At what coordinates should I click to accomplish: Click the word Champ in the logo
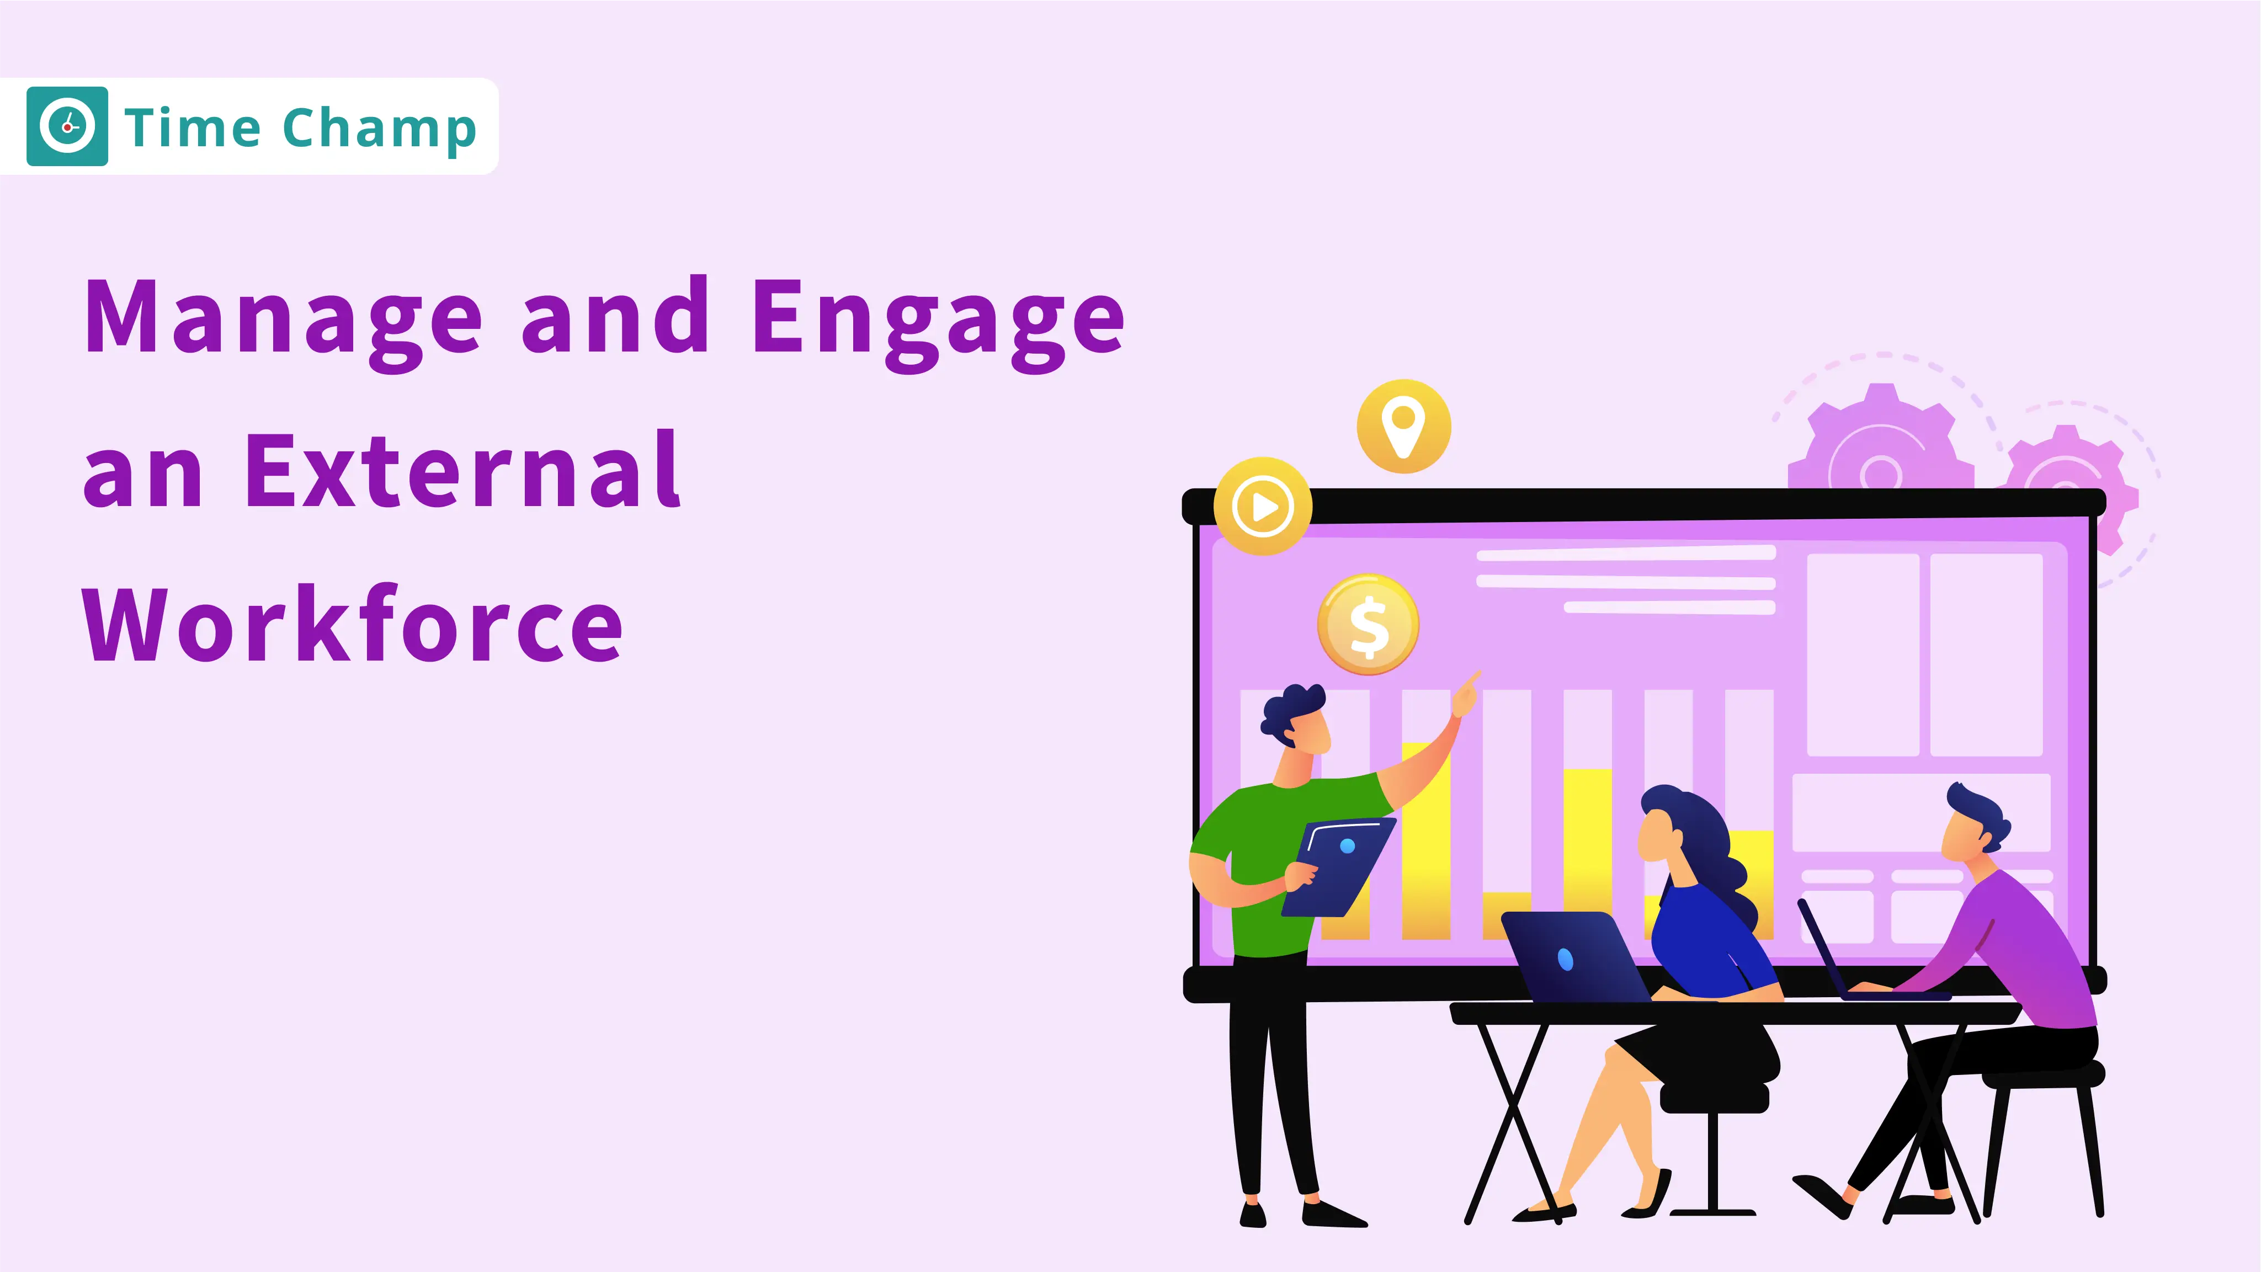coord(379,129)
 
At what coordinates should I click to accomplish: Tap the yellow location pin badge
coord(1403,427)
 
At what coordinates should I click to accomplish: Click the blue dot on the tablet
coord(1347,846)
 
